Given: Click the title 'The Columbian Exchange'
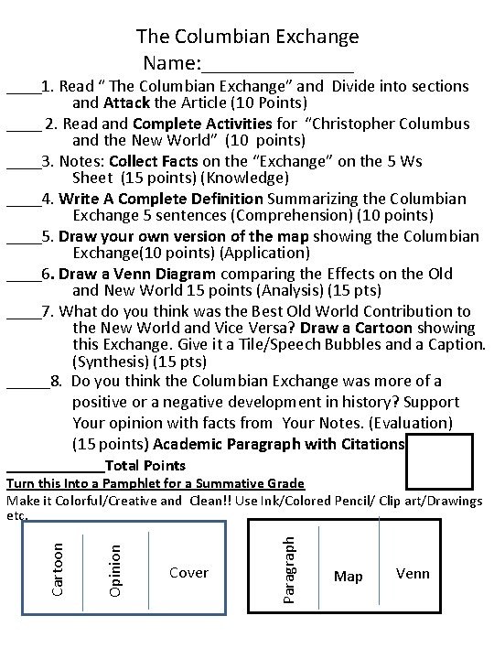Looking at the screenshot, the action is click(x=247, y=37).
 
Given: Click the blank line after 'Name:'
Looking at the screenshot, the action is click(x=278, y=66).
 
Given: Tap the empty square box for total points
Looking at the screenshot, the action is click(x=439, y=462).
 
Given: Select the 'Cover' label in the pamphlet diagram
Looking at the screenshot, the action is click(x=188, y=573).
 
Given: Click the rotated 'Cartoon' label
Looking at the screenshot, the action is click(x=59, y=568).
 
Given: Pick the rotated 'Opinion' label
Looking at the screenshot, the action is click(x=114, y=570).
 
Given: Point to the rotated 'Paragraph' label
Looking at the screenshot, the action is click(x=289, y=569).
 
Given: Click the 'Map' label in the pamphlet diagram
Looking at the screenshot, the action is click(x=348, y=577).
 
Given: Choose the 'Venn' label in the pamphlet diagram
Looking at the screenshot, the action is click(x=413, y=574).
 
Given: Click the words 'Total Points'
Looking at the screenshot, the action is click(x=145, y=466).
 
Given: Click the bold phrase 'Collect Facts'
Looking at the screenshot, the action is click(x=177, y=161).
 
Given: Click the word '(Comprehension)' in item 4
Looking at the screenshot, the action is click(x=298, y=215).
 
